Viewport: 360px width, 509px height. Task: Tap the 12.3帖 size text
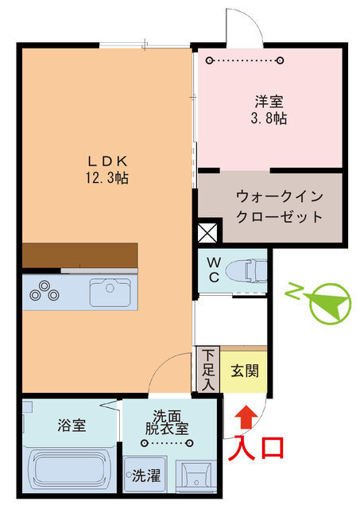[106, 177]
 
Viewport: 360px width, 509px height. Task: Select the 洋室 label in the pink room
[269, 103]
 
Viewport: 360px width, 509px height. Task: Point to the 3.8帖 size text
[269, 119]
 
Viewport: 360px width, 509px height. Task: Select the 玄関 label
[244, 371]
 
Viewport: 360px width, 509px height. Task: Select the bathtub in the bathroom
[70, 471]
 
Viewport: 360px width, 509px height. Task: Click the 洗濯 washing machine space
[145, 476]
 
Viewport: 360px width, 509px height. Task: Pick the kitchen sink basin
[112, 293]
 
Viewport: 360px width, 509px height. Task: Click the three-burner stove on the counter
[44, 292]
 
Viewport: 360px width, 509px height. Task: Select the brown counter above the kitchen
[79, 255]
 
